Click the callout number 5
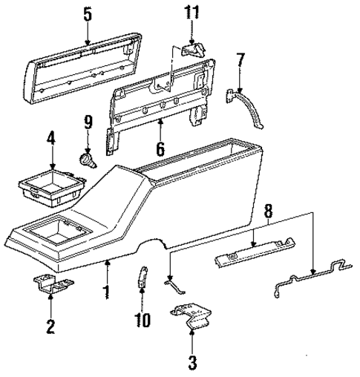[x=88, y=13]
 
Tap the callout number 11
[x=192, y=13]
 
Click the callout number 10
[x=142, y=321]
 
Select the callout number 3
[x=192, y=363]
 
